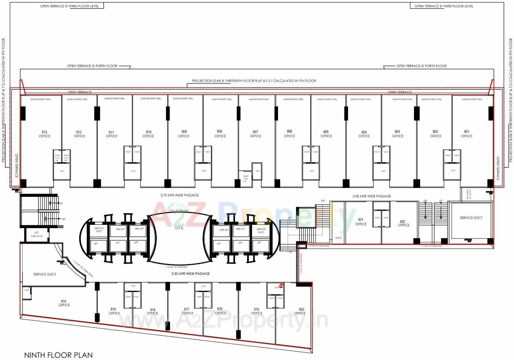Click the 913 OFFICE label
pos(45,134)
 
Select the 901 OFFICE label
pos(466,134)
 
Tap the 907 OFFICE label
pos(256,134)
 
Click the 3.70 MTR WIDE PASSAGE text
pos(180,195)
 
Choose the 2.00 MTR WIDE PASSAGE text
pos(372,196)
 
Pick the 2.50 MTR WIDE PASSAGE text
pos(191,274)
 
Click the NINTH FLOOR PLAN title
pos(58,355)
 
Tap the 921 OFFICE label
pos(361,222)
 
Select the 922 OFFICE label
pos(404,223)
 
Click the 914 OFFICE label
pos(64,303)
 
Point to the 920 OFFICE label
pos(300,311)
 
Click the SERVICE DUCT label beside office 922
pos(471,218)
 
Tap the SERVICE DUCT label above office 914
pos(45,274)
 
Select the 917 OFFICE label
pos(188,311)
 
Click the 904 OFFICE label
pos(364,134)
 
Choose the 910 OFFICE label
pos(148,134)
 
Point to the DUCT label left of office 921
pos(338,238)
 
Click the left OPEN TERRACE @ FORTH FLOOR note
pos(92,66)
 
